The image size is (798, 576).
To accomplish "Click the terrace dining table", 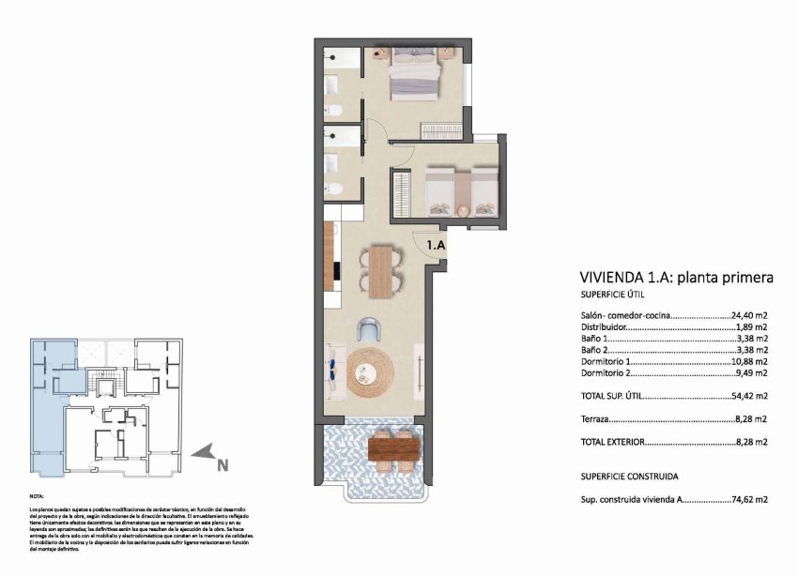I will pos(393,449).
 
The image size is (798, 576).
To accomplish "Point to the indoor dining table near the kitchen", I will pos(380,270).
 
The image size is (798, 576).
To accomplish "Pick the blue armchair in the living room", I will pos(370,329).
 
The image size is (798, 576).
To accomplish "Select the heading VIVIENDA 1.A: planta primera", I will pos(676,278).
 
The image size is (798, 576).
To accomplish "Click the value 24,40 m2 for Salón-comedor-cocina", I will pos(749,317).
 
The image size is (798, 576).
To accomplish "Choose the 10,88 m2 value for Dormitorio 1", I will pos(749,361).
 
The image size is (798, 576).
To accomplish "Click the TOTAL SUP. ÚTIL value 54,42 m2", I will pos(749,396).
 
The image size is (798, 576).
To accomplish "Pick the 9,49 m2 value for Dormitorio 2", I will pos(751,372).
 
